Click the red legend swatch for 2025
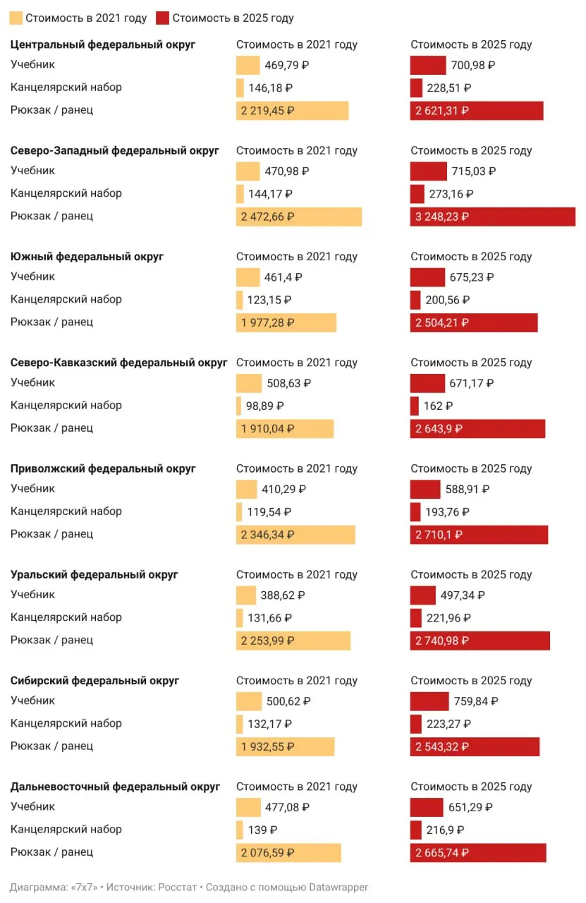pos(162,18)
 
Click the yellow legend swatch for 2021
pos(16,18)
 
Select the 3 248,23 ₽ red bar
pos(492,217)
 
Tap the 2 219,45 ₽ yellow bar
pos(292,111)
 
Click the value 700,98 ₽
pos(472,65)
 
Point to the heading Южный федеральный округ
pos(87,256)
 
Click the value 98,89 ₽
pos(264,406)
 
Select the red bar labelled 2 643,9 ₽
pos(477,428)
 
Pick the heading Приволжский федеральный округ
pos(103,468)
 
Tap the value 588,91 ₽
pos(467,489)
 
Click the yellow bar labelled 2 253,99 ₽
pos(293,641)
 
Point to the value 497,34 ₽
pos(463,595)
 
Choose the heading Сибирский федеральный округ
pos(94,681)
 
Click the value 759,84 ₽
pos(476,701)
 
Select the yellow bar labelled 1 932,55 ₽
pos(286,746)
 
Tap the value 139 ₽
pos(262,830)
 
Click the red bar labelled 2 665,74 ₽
pos(478,853)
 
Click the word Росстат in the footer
pos(177,887)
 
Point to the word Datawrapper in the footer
pos(338,887)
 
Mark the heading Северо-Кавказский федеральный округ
pos(119,363)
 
